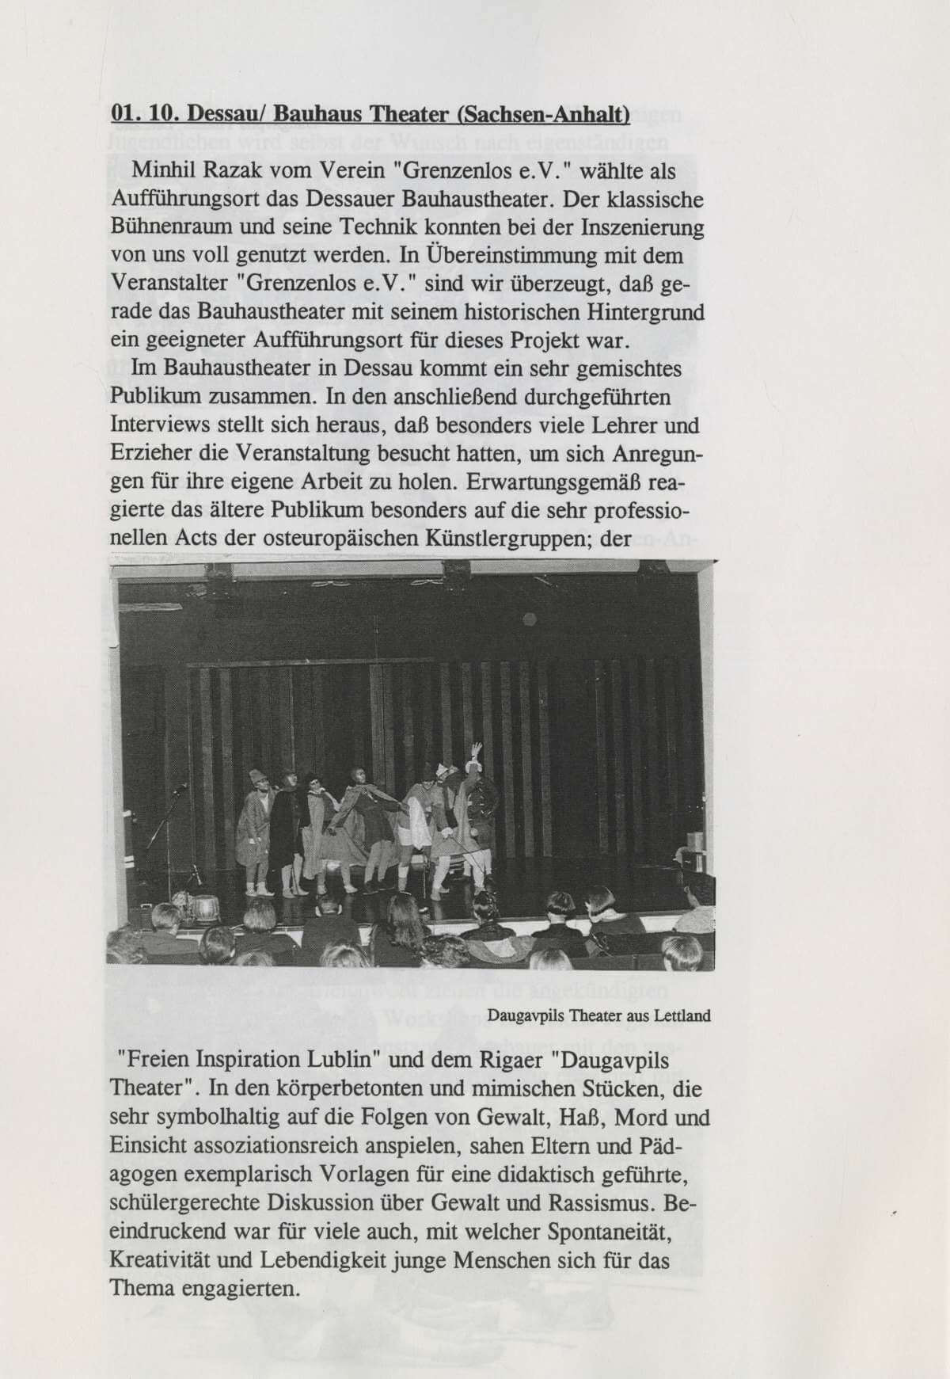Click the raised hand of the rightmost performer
(476, 747)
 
